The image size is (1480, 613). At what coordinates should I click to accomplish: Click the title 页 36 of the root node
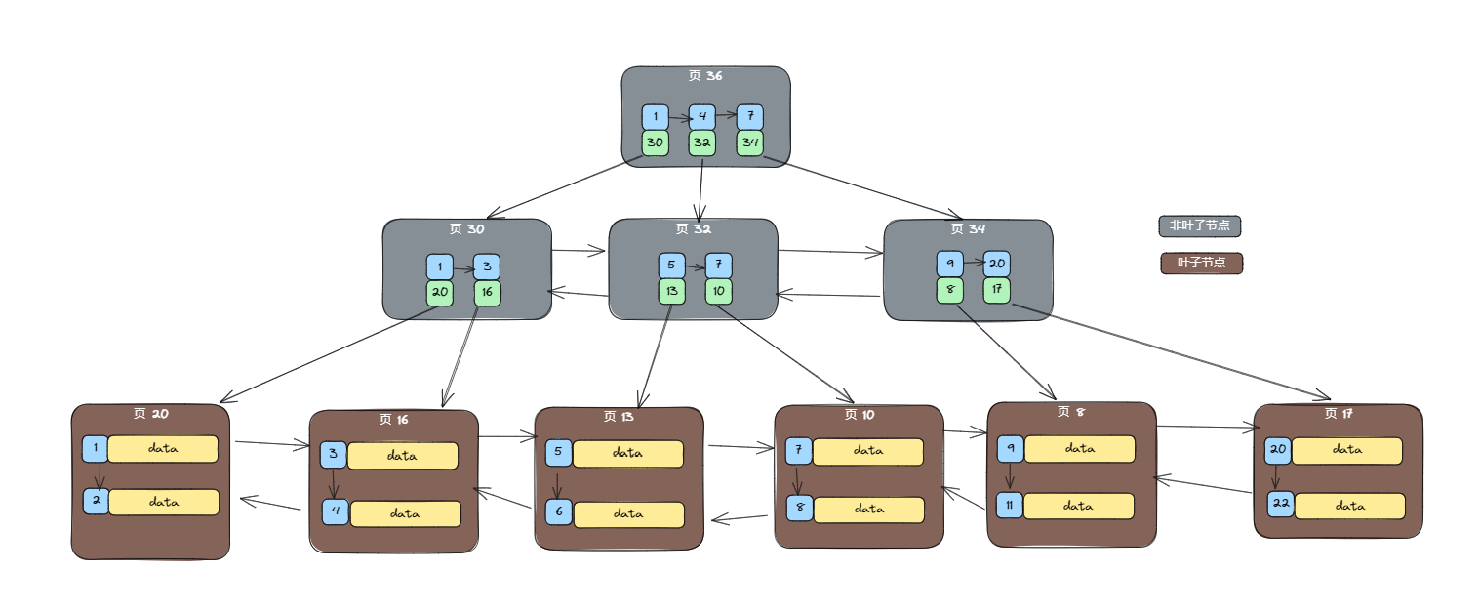(704, 76)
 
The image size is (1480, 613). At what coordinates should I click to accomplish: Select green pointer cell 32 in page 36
(701, 143)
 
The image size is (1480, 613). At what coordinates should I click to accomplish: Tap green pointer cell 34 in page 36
(749, 143)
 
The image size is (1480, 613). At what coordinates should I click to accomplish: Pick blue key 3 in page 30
(487, 266)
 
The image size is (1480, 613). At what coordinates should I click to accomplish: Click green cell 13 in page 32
(671, 291)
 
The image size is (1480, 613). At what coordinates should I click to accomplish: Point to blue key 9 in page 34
(949, 264)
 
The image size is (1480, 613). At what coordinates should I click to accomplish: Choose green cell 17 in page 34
(996, 290)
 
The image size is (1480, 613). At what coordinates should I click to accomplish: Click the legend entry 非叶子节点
(1199, 225)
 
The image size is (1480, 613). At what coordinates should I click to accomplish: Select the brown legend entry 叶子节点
(1201, 263)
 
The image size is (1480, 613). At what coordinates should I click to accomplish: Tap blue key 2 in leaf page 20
(96, 502)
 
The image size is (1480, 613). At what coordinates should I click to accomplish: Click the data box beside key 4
(405, 512)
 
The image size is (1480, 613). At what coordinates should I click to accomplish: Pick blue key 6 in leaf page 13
(558, 511)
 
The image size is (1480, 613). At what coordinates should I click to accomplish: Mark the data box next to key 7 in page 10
(867, 452)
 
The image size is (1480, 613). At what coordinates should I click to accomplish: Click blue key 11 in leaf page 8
(1010, 505)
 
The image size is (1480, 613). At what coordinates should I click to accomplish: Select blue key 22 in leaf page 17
(1280, 505)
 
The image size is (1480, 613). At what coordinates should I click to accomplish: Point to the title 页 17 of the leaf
(1338, 414)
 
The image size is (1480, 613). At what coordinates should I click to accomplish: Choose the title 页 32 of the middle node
(693, 229)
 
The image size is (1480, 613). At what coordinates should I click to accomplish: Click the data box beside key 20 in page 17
(1347, 450)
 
